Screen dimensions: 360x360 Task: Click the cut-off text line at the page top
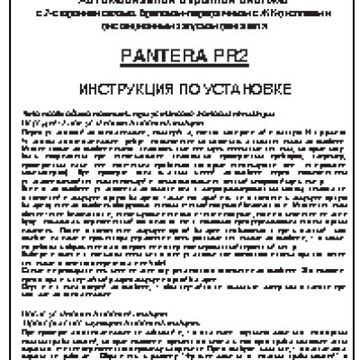(180, 3)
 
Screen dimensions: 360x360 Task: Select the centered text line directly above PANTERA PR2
(180, 26)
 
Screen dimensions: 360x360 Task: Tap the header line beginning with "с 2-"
(180, 15)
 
